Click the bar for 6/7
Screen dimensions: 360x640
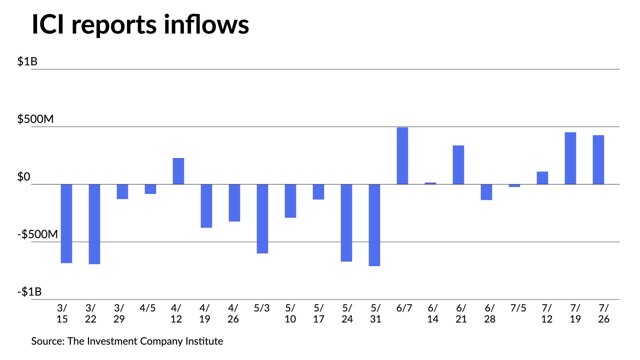402,155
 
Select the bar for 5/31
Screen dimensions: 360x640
374,225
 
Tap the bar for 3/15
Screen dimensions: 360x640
66,223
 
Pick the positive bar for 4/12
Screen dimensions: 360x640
178,171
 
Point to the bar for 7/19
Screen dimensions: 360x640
570,158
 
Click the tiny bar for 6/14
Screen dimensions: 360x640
430,183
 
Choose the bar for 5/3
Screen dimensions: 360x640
262,218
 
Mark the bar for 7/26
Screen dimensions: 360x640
598,159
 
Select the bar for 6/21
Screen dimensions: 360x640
458,164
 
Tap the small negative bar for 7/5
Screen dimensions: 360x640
514,185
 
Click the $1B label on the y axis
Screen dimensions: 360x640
27,62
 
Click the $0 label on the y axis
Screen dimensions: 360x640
24,177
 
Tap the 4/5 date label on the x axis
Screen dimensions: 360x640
147,308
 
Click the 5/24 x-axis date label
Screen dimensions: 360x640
346,313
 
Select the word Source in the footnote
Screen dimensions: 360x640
46,341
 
